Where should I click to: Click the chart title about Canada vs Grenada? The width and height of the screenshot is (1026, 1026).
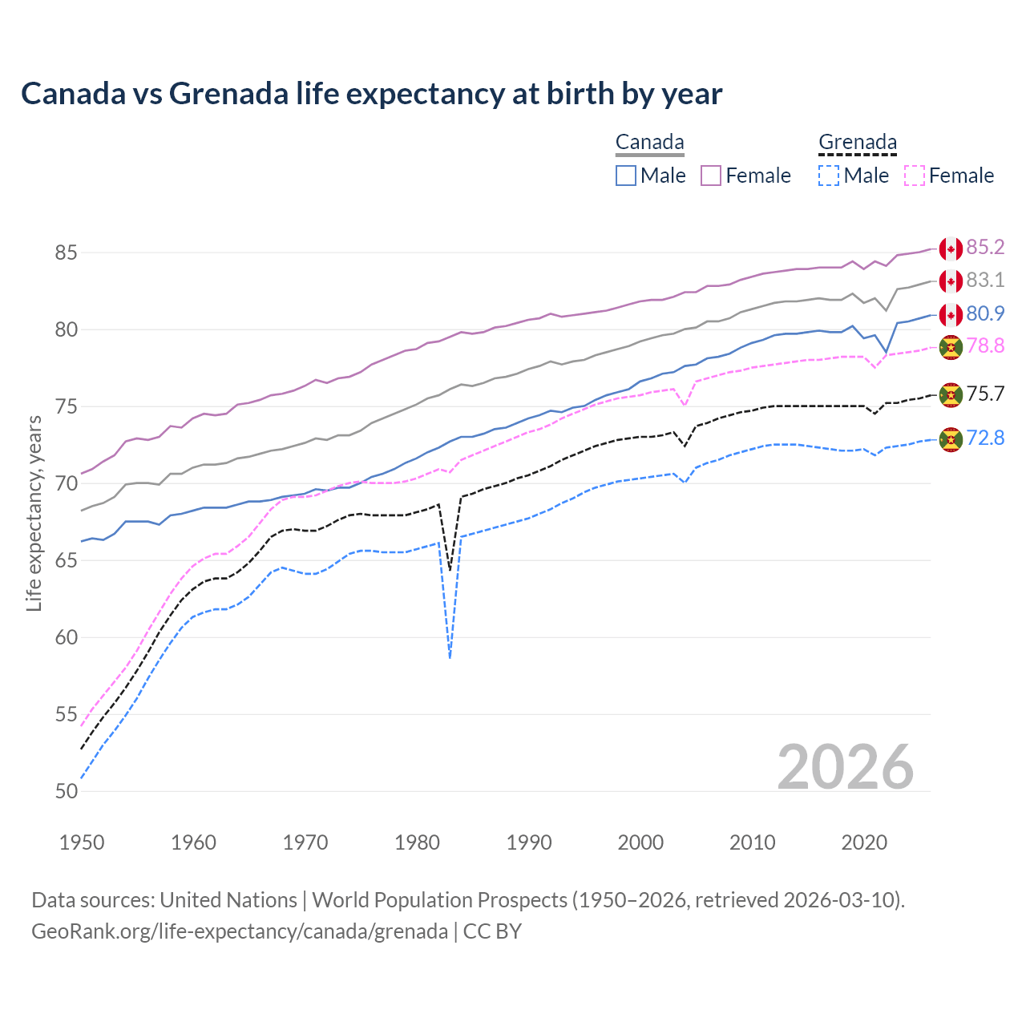coord(371,94)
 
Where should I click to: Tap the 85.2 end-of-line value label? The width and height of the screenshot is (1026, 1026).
coord(985,247)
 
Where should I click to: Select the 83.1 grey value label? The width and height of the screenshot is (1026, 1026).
coord(985,280)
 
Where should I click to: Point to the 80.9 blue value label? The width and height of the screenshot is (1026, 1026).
coord(985,313)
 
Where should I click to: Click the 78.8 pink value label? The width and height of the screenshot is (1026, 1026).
coord(985,345)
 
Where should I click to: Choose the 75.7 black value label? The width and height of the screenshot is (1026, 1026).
coord(985,394)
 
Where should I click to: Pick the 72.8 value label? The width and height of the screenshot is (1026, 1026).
coord(985,438)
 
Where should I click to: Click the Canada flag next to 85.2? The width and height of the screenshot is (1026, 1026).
coord(951,249)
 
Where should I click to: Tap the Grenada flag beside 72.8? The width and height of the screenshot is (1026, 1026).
coord(951,439)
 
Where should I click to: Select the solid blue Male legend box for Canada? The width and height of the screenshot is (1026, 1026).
coord(626,176)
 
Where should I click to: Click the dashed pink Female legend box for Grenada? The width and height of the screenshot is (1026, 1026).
coord(915,176)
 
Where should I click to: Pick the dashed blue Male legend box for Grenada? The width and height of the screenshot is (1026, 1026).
coord(829,176)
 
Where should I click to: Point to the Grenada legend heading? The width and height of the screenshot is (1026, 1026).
coord(857,143)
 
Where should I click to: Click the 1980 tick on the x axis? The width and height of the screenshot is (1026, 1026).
coord(418,842)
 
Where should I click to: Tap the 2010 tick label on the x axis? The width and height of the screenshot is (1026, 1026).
coord(752,842)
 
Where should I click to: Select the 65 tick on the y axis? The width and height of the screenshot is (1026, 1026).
coord(67,560)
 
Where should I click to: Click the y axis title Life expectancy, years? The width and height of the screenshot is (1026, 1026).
coord(34,513)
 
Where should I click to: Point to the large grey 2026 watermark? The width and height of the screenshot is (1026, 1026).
coord(845,767)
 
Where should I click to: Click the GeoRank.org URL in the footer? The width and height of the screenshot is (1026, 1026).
coord(240,931)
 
